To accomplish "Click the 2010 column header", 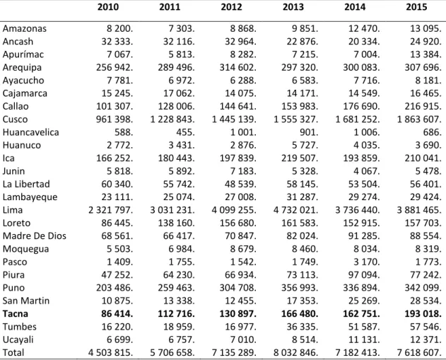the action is [108, 7].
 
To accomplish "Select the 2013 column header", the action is [293, 7].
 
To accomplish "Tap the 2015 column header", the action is [417, 7].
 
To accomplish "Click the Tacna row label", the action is [16, 313].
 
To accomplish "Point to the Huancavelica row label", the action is [30, 132].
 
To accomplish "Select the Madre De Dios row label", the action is [35, 236].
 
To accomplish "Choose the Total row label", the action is [13, 353].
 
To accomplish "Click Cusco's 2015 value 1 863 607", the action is [419, 120].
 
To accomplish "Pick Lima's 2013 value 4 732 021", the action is [296, 210].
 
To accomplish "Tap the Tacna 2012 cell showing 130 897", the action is [237, 313].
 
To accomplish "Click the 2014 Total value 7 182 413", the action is [358, 353].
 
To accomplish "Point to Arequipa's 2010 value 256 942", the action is [115, 67].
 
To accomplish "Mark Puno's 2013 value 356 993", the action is [300, 288].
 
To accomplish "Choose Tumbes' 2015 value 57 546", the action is [426, 327].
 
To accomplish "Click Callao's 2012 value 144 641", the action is [237, 106].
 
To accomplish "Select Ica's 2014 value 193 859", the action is [361, 158].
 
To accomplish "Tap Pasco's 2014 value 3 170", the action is [367, 262].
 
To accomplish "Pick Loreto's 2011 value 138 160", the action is [177, 223].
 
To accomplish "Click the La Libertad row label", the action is [26, 184].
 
